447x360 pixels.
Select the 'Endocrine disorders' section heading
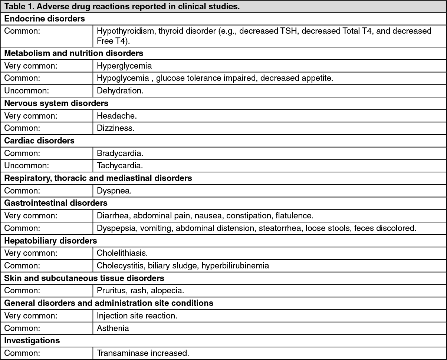pos(45,19)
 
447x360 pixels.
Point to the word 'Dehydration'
pos(119,90)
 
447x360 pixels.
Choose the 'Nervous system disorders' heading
pos(56,103)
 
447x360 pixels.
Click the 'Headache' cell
pos(116,116)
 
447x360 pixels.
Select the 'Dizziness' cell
pos(115,128)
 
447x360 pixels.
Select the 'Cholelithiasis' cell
pos(122,253)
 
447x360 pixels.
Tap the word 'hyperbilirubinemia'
pos(235,265)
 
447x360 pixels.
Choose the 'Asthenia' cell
pos(113,328)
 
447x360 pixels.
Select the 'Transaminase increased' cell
pos(143,353)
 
